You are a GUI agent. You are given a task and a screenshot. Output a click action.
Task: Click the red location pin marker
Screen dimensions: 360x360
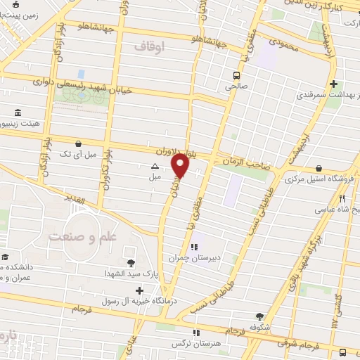[x=181, y=166]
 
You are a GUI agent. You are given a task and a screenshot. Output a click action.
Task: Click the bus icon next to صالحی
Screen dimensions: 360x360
[x=237, y=74]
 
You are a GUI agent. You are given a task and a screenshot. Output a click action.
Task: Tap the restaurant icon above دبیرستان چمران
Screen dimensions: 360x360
[x=194, y=247]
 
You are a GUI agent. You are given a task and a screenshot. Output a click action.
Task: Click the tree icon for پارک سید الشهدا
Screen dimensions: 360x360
[x=131, y=262]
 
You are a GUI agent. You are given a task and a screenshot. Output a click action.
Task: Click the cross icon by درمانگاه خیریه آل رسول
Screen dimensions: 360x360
[x=139, y=290]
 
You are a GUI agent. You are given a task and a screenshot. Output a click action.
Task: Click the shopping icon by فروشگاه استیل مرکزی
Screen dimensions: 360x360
[x=320, y=168]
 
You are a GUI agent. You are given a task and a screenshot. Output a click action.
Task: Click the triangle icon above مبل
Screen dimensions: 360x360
[x=155, y=167]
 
